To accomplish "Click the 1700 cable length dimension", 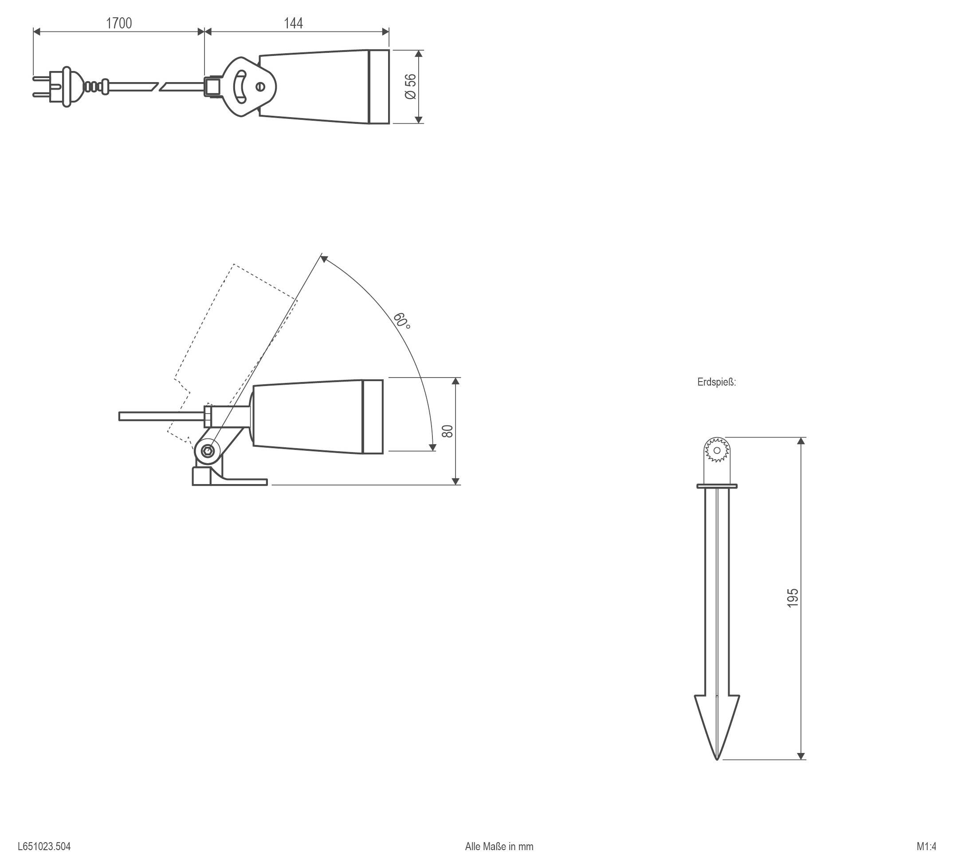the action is tap(119, 23).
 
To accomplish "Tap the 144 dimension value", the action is tap(294, 23).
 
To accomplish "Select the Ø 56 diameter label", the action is tap(411, 87).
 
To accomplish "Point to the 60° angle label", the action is tap(401, 320).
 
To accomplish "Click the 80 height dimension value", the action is tap(447, 431).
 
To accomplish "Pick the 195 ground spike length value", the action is tap(793, 598).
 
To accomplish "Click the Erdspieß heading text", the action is tap(716, 382).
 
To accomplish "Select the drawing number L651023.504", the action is tap(44, 847).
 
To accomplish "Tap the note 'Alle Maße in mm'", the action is tap(499, 847).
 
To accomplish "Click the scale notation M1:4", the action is tap(926, 847).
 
